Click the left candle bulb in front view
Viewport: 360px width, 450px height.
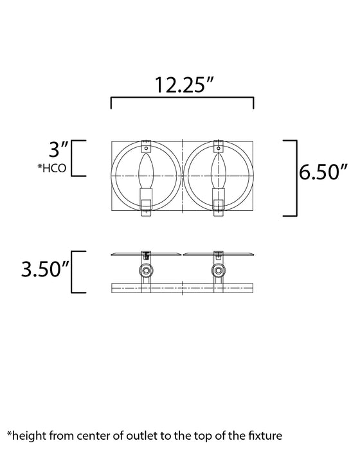click(x=146, y=170)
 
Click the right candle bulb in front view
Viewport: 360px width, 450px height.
click(x=218, y=170)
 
